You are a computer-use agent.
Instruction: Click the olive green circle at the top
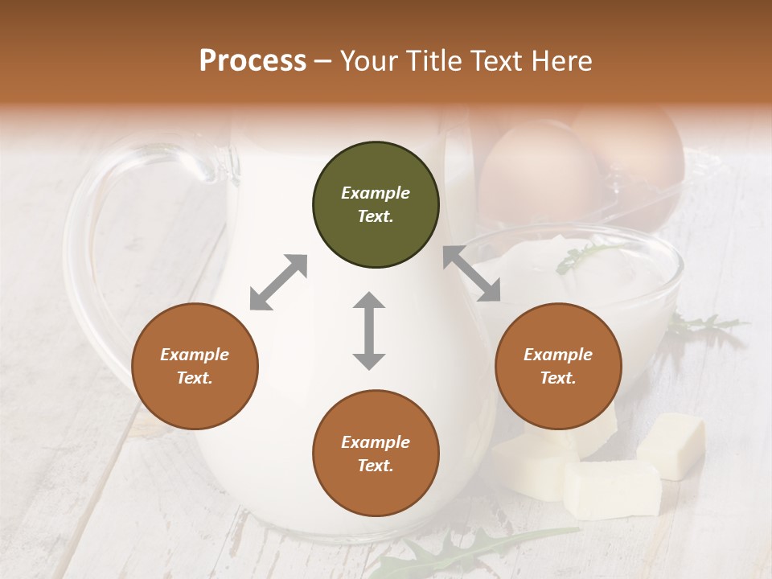tap(376, 205)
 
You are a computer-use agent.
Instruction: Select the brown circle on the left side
tap(195, 367)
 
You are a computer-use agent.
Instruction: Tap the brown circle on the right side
tap(558, 367)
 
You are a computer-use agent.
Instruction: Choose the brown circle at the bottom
tap(376, 454)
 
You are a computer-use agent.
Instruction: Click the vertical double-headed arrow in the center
tap(369, 331)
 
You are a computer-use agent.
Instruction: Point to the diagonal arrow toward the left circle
tap(278, 282)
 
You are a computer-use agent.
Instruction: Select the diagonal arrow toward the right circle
tap(472, 273)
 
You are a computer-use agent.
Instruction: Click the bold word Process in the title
tap(253, 61)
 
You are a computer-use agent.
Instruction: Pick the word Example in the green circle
tap(376, 193)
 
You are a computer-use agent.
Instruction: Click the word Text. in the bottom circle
tap(376, 466)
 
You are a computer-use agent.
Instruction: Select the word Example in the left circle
tap(195, 355)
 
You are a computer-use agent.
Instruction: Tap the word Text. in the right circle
tap(558, 378)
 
